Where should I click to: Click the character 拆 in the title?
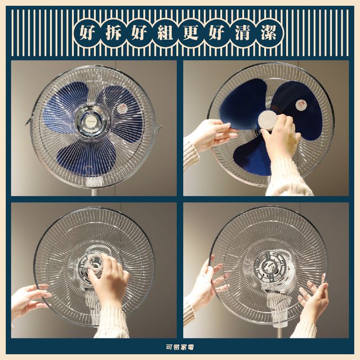coord(113,33)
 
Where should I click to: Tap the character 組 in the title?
coord(165,33)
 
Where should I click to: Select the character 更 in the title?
coord(191,33)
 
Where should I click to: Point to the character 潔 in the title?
coord(268,33)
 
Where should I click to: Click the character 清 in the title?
coord(242,33)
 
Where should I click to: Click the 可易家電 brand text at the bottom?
coord(180,347)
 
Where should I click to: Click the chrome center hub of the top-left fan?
coord(92,122)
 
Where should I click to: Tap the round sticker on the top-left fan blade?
coord(122,109)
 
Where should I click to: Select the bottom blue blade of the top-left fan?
coord(87,158)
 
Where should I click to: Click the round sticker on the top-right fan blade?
coord(301,105)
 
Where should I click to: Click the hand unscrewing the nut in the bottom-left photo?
coord(110,278)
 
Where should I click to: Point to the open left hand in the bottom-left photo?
coord(30,299)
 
